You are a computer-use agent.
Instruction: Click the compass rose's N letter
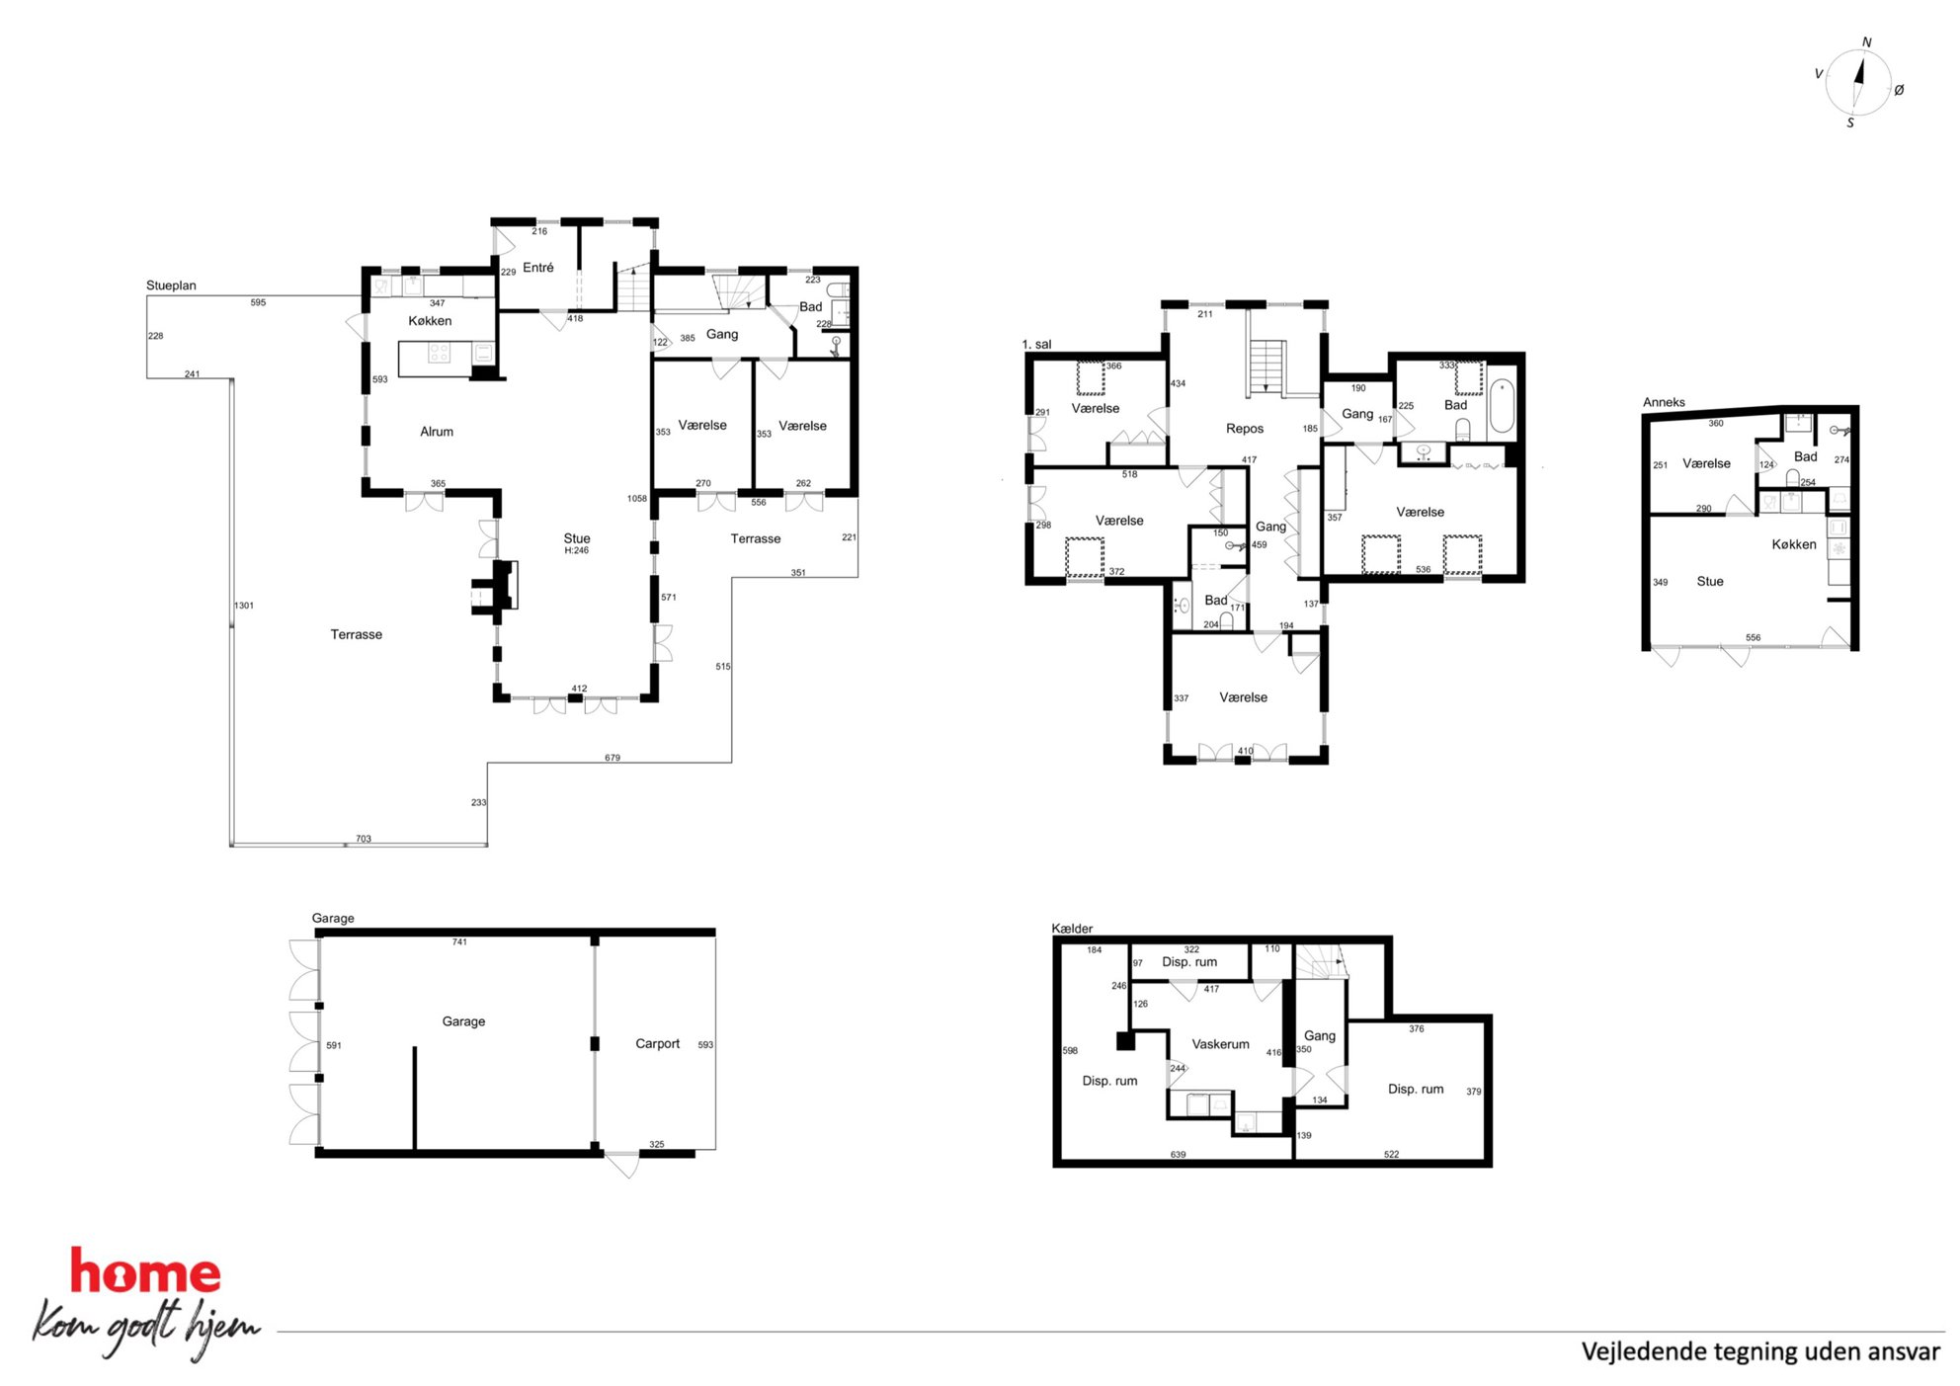point(1866,42)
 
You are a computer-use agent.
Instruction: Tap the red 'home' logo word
point(145,1271)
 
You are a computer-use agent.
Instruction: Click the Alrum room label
point(437,432)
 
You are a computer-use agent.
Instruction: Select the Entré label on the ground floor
point(538,268)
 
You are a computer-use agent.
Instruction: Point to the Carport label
point(658,1044)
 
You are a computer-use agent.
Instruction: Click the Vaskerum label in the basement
point(1221,1044)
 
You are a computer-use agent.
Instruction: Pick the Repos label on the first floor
point(1245,429)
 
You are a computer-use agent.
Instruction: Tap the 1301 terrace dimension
point(244,606)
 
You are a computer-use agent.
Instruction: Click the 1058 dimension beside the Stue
point(637,499)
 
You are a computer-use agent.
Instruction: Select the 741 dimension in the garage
point(459,942)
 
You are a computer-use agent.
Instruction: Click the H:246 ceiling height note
point(577,551)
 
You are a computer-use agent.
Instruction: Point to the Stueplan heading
point(171,286)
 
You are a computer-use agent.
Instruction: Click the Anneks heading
point(1664,402)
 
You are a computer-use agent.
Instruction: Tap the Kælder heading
point(1072,929)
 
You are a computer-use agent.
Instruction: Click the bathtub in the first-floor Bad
point(1502,406)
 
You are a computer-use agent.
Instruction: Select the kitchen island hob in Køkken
point(439,354)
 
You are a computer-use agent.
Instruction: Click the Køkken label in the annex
point(1794,544)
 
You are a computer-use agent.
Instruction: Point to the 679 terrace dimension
point(612,758)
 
